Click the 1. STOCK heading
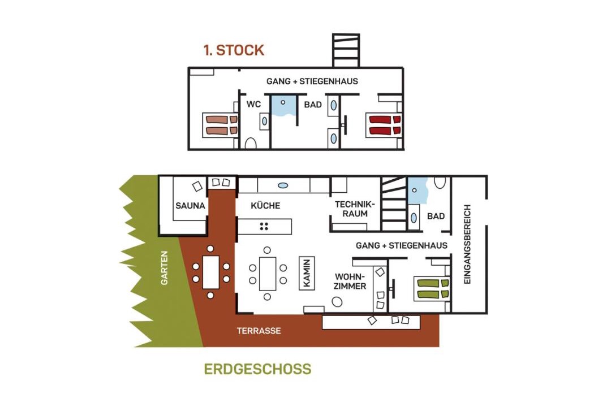[234, 50]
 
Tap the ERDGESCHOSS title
[257, 369]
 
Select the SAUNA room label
[190, 206]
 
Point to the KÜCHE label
[265, 206]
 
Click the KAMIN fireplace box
[307, 273]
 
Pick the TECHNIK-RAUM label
[355, 209]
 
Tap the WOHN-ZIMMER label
[350, 282]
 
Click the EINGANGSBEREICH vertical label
[468, 244]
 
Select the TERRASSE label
[259, 331]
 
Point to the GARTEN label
[165, 267]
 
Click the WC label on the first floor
[253, 105]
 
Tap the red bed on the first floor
[385, 125]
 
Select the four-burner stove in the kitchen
[264, 226]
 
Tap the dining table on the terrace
[211, 272]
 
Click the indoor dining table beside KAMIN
[268, 274]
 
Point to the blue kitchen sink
[283, 185]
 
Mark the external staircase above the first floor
[346, 50]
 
